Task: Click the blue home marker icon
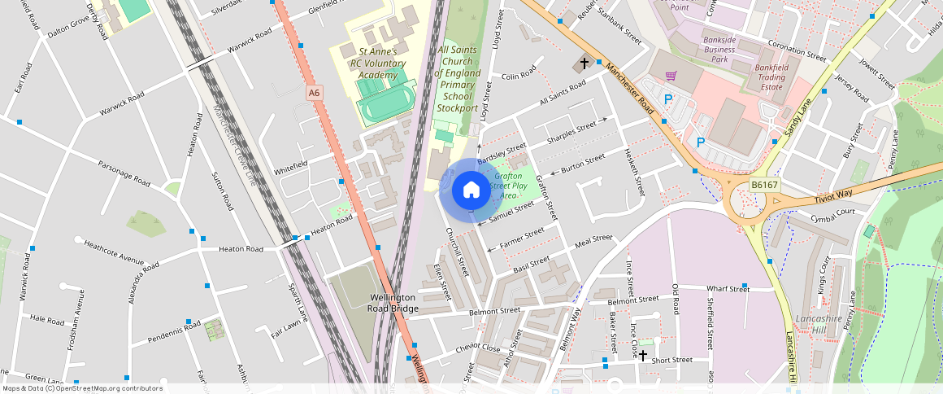(471, 190)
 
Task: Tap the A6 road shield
(314, 94)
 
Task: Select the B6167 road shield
(764, 185)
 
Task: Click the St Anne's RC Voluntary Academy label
(362, 63)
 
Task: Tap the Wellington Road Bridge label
(393, 303)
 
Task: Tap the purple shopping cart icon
(671, 76)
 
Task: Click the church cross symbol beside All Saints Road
(582, 63)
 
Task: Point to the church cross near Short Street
(642, 355)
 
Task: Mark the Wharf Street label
(728, 288)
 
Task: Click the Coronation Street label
(796, 51)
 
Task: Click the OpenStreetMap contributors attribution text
(81, 388)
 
